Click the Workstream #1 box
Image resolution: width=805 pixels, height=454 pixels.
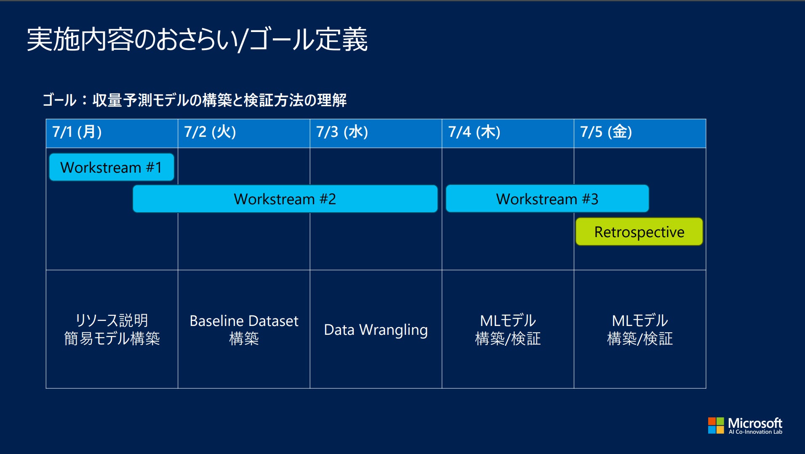pyautogui.click(x=112, y=167)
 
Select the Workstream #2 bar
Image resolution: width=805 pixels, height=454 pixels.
pyautogui.click(x=285, y=199)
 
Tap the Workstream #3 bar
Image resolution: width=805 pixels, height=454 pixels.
pyautogui.click(x=547, y=199)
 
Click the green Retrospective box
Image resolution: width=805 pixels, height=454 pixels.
pyautogui.click(x=639, y=232)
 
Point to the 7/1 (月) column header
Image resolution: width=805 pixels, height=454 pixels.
pyautogui.click(x=112, y=133)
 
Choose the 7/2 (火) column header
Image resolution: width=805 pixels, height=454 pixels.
pyautogui.click(x=244, y=133)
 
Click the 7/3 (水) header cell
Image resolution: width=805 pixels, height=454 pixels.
pyautogui.click(x=376, y=133)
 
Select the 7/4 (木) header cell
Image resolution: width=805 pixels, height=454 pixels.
pyautogui.click(x=508, y=133)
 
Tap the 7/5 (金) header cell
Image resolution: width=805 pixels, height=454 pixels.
pyautogui.click(x=640, y=133)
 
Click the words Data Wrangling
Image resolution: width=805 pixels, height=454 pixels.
pyautogui.click(x=376, y=330)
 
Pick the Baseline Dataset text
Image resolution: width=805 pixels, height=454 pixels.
pyautogui.click(x=244, y=321)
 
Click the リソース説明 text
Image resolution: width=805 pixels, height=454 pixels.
pyautogui.click(x=112, y=320)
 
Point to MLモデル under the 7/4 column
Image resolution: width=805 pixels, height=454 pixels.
pyautogui.click(x=508, y=320)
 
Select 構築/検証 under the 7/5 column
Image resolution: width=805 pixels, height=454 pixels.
pyautogui.click(x=640, y=339)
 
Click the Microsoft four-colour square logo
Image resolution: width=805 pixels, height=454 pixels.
pyautogui.click(x=716, y=425)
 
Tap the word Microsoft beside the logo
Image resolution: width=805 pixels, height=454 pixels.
pyautogui.click(x=755, y=423)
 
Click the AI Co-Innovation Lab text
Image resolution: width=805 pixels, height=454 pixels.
pyautogui.click(x=755, y=432)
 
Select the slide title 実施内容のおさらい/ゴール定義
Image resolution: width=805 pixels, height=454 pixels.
pyautogui.click(x=197, y=40)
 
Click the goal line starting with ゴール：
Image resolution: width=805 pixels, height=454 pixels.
pyautogui.click(x=195, y=100)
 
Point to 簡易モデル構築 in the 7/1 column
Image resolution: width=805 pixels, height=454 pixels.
pyautogui.click(x=112, y=339)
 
